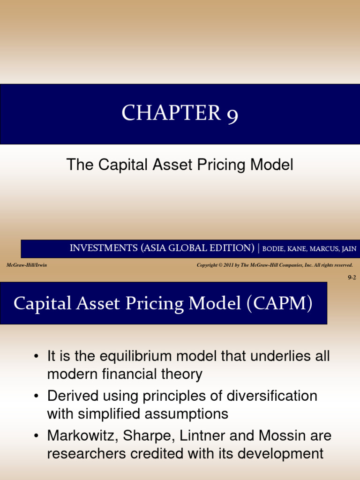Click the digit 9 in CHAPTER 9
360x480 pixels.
click(x=232, y=115)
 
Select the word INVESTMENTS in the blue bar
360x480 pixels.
click(x=103, y=248)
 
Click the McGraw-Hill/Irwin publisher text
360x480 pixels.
click(x=27, y=265)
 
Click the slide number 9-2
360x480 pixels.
click(x=352, y=278)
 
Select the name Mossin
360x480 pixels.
click(x=280, y=436)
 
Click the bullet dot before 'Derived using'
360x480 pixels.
click(x=36, y=397)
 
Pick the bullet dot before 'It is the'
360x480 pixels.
click(x=36, y=357)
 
